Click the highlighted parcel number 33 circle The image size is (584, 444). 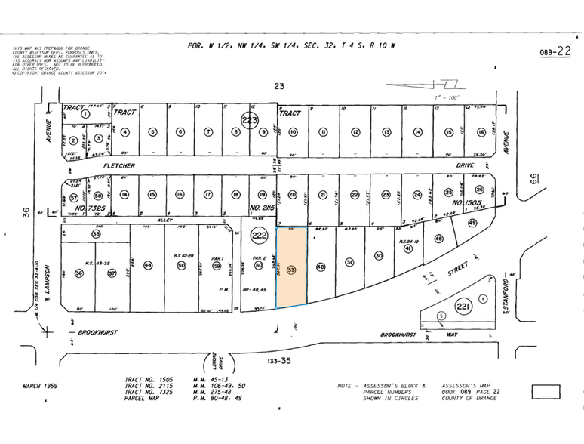(291, 270)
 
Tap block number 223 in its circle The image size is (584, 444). (251, 120)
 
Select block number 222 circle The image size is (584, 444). (260, 235)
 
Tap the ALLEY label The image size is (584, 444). (164, 220)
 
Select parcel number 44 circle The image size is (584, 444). (148, 265)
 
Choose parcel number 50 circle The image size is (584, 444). (181, 265)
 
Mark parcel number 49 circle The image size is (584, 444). (473, 223)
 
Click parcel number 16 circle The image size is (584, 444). (481, 131)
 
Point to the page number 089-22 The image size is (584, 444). (556, 52)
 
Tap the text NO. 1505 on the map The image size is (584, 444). (467, 203)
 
